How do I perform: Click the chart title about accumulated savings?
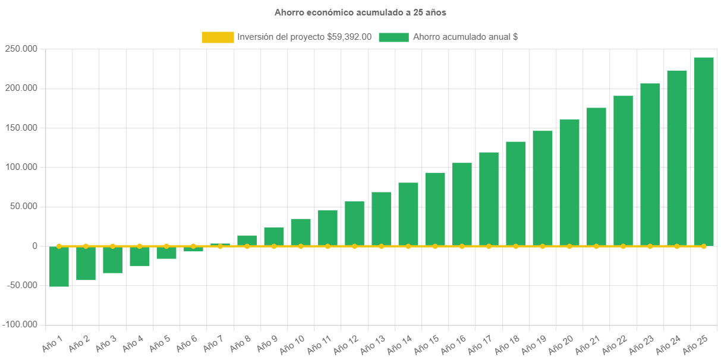tap(360, 12)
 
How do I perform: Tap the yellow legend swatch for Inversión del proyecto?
tap(218, 37)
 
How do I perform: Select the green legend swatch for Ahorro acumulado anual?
tap(393, 37)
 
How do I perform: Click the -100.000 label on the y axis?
tap(20, 325)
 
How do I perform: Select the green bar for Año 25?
tap(704, 151)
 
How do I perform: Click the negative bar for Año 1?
tap(59, 267)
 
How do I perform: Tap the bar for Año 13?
tap(382, 219)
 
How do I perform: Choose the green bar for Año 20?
tap(569, 182)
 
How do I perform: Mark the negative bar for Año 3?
tap(112, 260)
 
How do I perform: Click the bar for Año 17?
tap(489, 199)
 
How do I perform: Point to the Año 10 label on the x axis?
tap(291, 343)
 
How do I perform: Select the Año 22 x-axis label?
tap(613, 343)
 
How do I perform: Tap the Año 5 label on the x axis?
tap(159, 343)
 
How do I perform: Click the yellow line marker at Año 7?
tap(220, 246)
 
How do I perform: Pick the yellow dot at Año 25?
tap(704, 246)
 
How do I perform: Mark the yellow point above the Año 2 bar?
tap(86, 246)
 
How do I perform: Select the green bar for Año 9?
tap(274, 236)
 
